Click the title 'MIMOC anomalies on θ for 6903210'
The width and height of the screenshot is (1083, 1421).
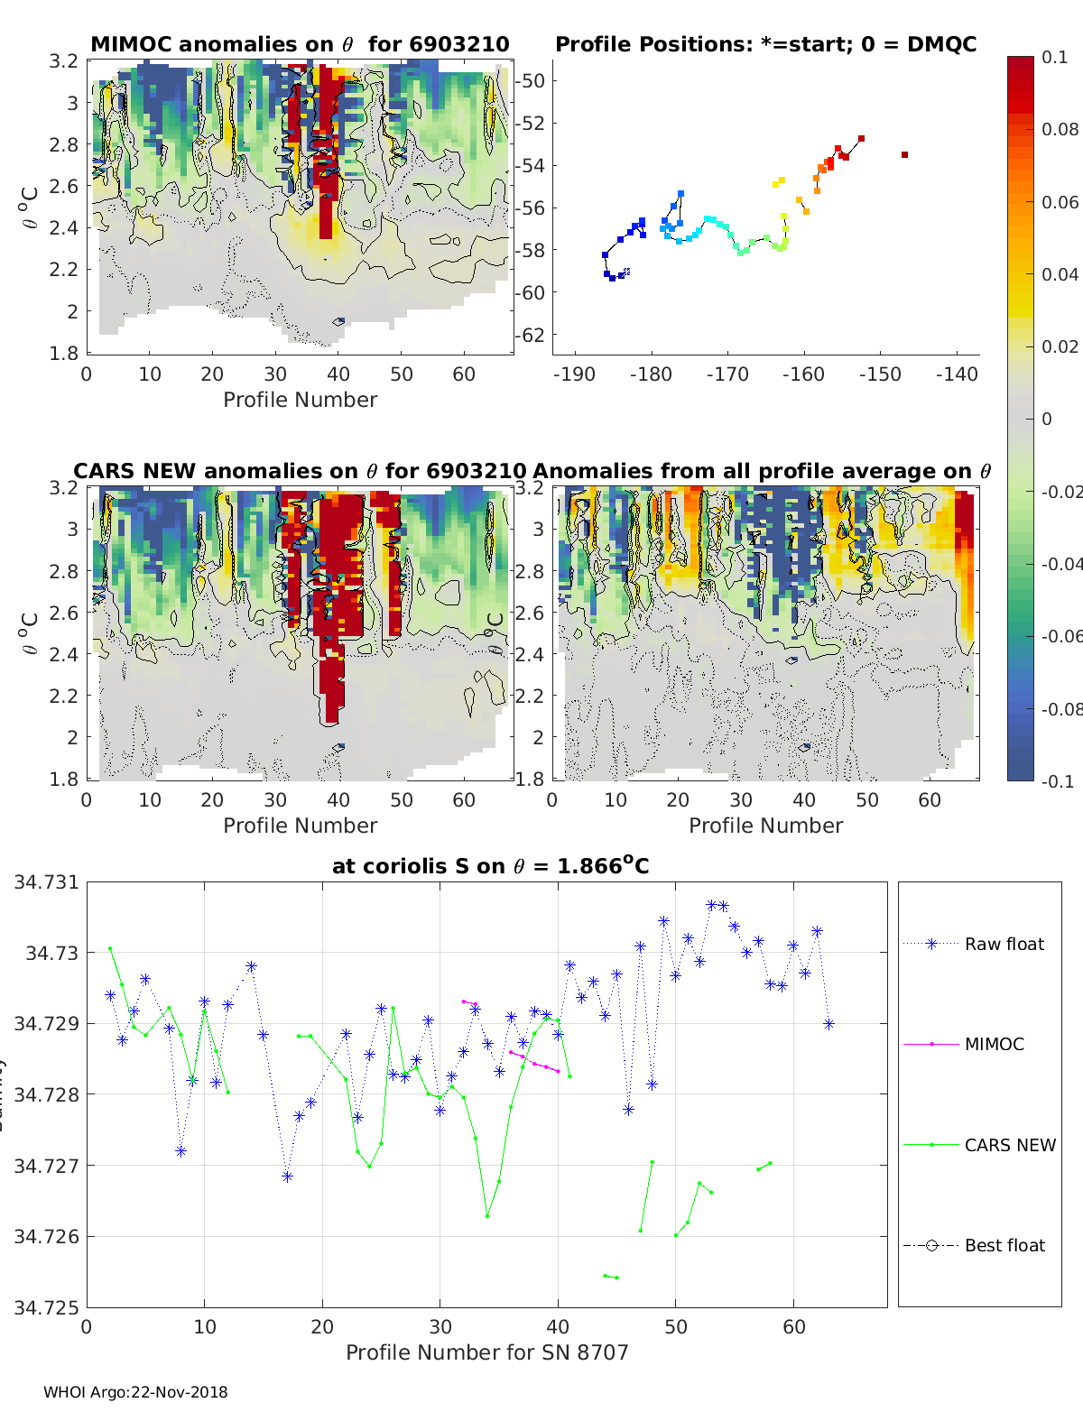click(300, 44)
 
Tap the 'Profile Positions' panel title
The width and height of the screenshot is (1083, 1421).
click(765, 44)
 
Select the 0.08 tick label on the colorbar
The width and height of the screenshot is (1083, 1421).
click(1060, 129)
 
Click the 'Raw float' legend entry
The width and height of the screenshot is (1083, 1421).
click(1004, 944)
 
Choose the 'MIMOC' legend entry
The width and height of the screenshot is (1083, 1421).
click(994, 1044)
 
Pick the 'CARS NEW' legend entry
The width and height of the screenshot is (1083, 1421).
click(1009, 1145)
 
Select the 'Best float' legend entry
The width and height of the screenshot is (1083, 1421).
click(1004, 1245)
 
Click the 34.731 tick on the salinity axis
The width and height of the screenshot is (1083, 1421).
click(46, 882)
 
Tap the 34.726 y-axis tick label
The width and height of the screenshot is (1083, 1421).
click(46, 1236)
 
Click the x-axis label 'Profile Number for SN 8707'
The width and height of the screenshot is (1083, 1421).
click(486, 1352)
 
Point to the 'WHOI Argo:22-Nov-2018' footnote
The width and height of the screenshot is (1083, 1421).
click(135, 1392)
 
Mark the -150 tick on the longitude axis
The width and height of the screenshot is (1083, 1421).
click(880, 374)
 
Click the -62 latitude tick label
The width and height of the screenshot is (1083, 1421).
click(530, 335)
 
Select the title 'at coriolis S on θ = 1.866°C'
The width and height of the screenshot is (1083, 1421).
click(490, 866)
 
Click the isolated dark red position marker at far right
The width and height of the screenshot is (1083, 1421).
click(904, 155)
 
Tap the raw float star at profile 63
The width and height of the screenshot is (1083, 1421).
click(828, 1024)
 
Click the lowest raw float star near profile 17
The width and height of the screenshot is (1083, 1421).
click(287, 1176)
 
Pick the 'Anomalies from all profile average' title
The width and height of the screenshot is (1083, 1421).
click(762, 471)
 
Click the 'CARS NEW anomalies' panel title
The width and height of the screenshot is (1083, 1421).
click(300, 471)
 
